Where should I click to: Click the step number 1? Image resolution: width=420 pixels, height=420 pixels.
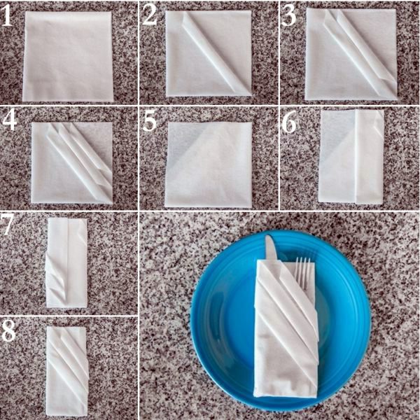(7, 17)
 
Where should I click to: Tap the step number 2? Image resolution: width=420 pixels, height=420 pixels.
(150, 15)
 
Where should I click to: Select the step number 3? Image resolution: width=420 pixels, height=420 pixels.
(288, 16)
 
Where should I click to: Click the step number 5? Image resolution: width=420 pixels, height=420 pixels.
(150, 122)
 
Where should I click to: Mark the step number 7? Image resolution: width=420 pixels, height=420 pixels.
(6, 224)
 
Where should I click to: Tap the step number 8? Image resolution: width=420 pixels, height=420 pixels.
(8, 331)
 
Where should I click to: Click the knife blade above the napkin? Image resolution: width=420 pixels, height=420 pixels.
(271, 248)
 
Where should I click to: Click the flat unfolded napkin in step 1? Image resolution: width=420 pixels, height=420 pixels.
(68, 56)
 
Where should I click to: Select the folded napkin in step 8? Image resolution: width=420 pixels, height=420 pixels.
(67, 371)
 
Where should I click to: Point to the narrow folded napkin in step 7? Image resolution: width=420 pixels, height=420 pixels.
(66, 262)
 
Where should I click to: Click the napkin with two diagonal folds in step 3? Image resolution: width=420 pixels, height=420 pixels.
(351, 54)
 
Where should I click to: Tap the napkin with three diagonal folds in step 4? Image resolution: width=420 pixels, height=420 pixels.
(72, 163)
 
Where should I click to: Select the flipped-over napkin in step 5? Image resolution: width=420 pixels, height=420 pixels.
(209, 164)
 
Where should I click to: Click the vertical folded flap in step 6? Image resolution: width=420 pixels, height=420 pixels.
(369, 157)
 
